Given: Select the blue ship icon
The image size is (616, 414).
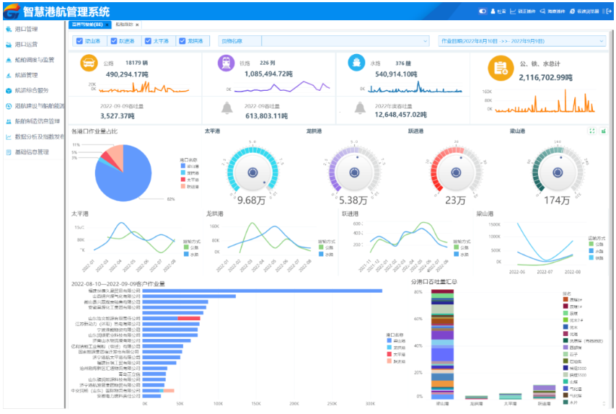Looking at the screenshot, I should (356, 63).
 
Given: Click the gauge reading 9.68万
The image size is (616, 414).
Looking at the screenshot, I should (252, 200).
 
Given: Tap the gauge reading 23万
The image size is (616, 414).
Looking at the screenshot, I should (455, 200).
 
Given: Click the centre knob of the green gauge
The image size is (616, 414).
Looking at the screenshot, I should (557, 172).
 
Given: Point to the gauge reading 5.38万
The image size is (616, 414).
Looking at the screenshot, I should (353, 200).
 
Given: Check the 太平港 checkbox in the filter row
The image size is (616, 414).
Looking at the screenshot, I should (148, 41).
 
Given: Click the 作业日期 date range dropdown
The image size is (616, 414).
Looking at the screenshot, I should (522, 41).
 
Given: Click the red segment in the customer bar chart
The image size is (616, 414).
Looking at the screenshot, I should (189, 318).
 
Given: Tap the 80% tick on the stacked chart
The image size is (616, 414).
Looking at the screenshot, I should (418, 292).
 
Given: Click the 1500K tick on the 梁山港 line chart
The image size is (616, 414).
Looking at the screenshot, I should (494, 224).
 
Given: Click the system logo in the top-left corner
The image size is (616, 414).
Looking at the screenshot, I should (12, 12).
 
